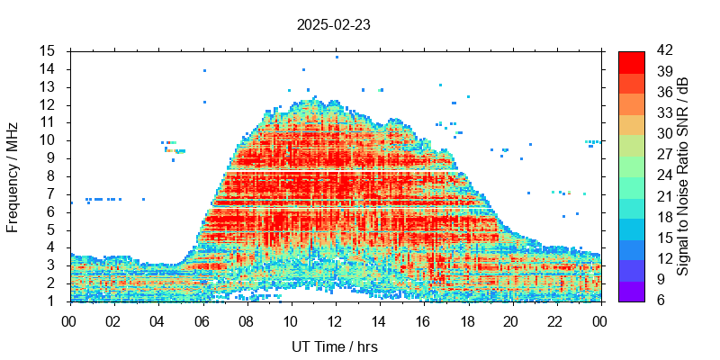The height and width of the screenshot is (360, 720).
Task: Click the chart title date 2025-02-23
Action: tap(333, 24)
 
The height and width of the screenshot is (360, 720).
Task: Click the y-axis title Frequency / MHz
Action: tap(13, 175)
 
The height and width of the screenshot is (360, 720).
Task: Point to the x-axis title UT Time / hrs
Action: tap(335, 346)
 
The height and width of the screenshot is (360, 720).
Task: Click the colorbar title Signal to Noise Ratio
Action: tap(683, 175)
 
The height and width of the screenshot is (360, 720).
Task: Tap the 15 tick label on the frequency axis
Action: tap(47, 50)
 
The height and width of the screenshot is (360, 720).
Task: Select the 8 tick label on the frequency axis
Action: tap(51, 175)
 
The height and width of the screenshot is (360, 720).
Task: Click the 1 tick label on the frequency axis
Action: tap(51, 301)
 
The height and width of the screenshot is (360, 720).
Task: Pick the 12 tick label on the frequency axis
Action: tap(47, 104)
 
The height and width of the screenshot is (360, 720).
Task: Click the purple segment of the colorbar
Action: tap(632, 290)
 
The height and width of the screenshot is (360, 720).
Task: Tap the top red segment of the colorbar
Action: tap(632, 61)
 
